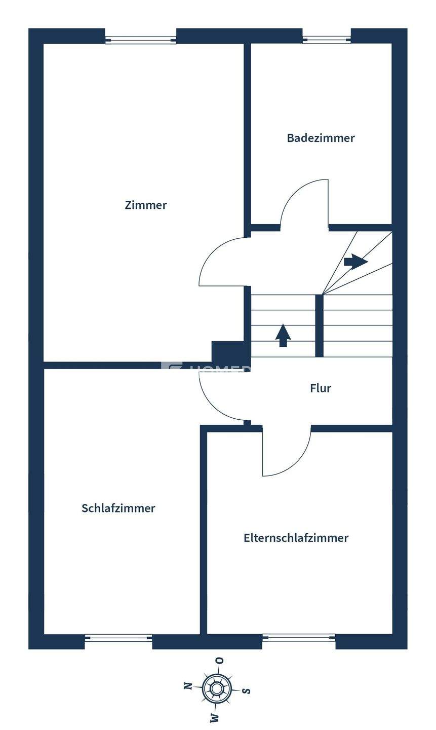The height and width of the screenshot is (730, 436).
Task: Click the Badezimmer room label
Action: pyautogui.click(x=321, y=138)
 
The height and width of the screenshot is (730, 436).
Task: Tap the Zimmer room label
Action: pyautogui.click(x=146, y=205)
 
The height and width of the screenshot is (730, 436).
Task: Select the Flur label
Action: pyautogui.click(x=321, y=388)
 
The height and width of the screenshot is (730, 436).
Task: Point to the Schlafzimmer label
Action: pyautogui.click(x=118, y=508)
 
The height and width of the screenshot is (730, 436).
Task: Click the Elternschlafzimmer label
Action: pyautogui.click(x=296, y=538)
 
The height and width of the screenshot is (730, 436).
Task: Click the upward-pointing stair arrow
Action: pyautogui.click(x=283, y=335)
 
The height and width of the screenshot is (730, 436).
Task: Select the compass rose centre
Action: pyautogui.click(x=217, y=688)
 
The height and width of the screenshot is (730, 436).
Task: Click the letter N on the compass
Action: pyautogui.click(x=188, y=686)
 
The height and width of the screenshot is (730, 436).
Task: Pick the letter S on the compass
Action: pyautogui.click(x=246, y=690)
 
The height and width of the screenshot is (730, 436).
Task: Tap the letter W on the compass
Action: pyautogui.click(x=214, y=717)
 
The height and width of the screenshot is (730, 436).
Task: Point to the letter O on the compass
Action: pyautogui.click(x=220, y=661)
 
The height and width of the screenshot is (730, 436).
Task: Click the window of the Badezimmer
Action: pyautogui.click(x=327, y=39)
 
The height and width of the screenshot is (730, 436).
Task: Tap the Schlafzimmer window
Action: pyautogui.click(x=118, y=638)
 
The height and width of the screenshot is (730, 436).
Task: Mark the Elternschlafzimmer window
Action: pyautogui.click(x=299, y=638)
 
